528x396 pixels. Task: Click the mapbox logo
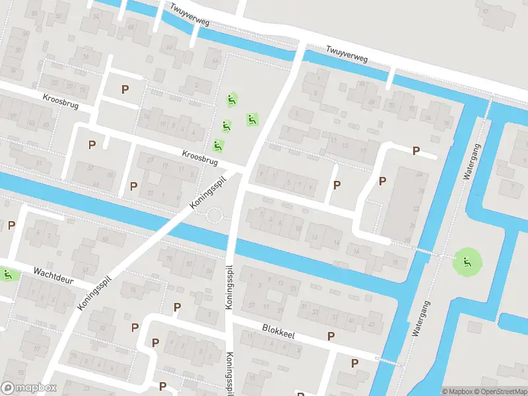click(29, 388)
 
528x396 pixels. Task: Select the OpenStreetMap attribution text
click(499, 391)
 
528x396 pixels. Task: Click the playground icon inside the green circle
click(467, 262)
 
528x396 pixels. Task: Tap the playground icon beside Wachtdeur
click(7, 275)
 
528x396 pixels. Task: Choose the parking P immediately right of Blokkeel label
click(331, 336)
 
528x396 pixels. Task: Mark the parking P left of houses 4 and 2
click(11, 225)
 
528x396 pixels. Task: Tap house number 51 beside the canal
click(40, 162)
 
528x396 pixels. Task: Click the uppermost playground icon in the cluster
click(232, 100)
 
